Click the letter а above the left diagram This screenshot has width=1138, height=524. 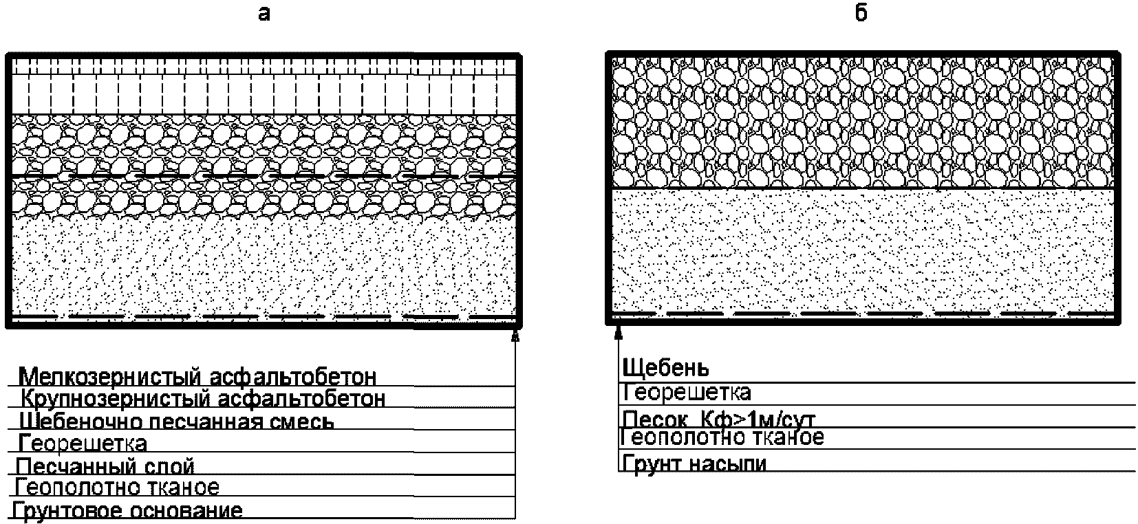click(x=264, y=14)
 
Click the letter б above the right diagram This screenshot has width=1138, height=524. click(x=861, y=14)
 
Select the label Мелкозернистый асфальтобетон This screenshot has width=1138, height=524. click(x=199, y=377)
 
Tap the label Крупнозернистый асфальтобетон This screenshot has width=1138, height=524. click(x=203, y=399)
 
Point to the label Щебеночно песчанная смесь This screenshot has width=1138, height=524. click(x=177, y=421)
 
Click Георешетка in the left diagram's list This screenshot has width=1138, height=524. click(x=83, y=443)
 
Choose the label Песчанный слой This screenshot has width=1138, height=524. click(x=105, y=466)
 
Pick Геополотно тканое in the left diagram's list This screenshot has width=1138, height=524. click(x=117, y=488)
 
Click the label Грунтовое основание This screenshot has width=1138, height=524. click(x=128, y=511)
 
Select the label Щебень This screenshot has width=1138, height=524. click(x=665, y=369)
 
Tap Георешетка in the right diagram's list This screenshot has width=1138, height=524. click(x=687, y=393)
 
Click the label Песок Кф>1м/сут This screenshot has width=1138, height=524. click(x=718, y=419)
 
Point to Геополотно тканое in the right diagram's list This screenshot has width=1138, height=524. click(x=722, y=437)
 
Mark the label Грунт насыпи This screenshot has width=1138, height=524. click(x=694, y=463)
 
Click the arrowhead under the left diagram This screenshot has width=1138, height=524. click(x=515, y=335)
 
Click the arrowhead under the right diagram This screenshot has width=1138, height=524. click(x=618, y=332)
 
